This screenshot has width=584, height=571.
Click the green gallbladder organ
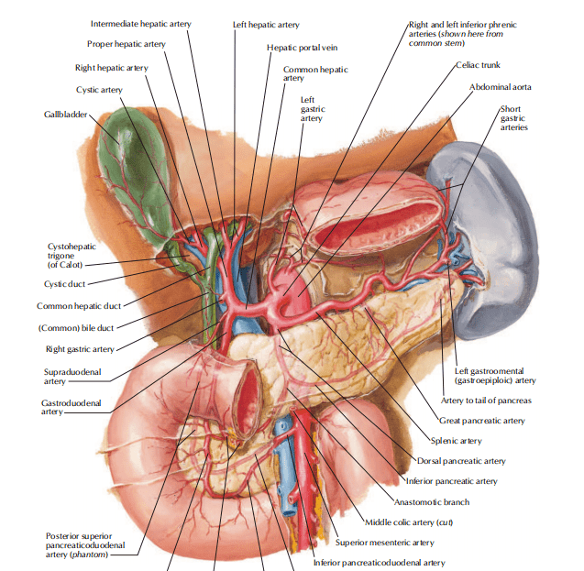click(134, 175)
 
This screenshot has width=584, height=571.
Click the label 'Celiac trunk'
click(479, 65)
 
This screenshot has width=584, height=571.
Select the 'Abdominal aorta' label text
click(501, 87)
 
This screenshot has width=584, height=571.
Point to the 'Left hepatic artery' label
click(266, 25)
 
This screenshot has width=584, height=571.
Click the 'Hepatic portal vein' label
click(302, 48)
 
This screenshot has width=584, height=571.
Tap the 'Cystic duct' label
click(64, 284)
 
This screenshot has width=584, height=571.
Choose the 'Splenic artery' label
click(457, 441)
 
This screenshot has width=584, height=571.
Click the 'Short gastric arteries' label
click(514, 118)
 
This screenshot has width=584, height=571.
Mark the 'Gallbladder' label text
click(66, 115)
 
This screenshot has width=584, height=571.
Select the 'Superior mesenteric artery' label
click(385, 543)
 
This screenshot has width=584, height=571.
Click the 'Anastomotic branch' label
click(432, 502)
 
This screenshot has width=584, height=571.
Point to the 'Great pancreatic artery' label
click(482, 421)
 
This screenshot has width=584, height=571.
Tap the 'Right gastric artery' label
click(80, 349)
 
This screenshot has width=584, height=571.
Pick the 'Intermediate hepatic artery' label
click(141, 24)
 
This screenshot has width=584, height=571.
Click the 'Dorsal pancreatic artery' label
click(461, 461)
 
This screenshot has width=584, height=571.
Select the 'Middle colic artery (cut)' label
click(409, 522)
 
